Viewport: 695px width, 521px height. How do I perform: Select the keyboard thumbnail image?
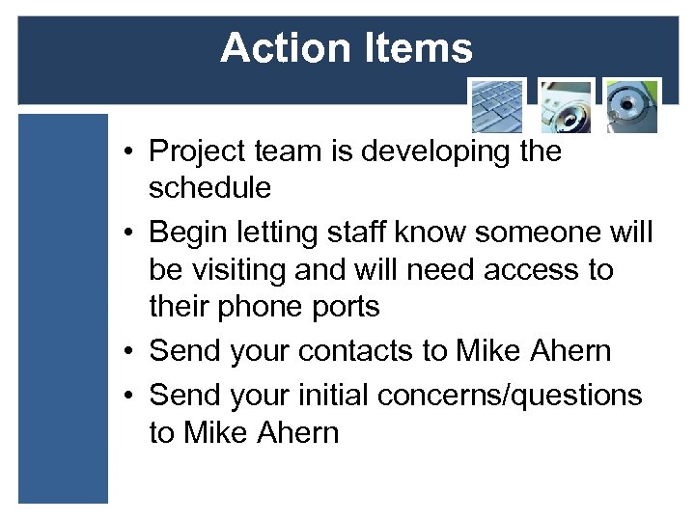click(x=497, y=106)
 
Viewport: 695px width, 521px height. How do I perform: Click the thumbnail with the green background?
click(x=631, y=106)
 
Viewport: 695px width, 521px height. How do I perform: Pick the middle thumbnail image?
click(x=565, y=106)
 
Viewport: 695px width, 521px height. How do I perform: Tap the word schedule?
click(x=209, y=188)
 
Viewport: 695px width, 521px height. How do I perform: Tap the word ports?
click(x=347, y=306)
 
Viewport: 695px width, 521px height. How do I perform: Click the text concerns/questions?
click(x=510, y=395)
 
